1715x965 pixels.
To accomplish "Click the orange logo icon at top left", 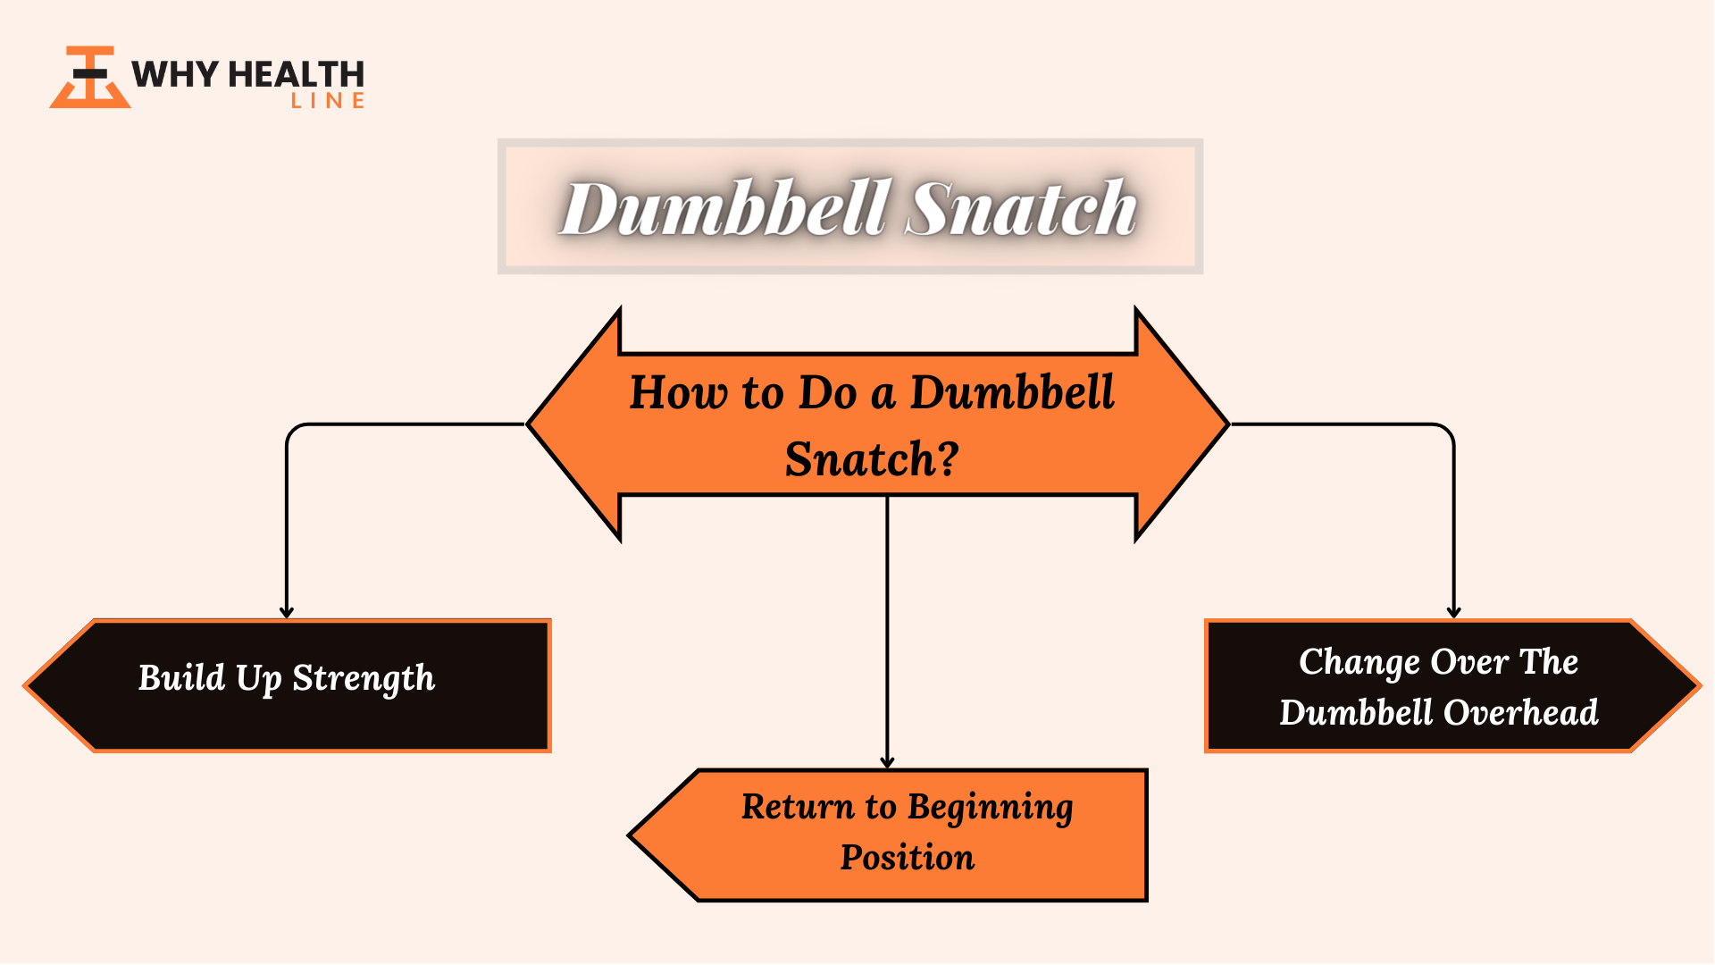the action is pos(90,78).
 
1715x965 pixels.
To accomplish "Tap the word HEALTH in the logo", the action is pos(297,74).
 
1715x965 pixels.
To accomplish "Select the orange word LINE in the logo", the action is pos(328,101).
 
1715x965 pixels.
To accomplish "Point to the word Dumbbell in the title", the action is pos(725,208).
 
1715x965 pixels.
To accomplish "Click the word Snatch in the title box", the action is pos(1021,208).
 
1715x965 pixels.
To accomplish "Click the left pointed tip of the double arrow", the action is pos(529,424).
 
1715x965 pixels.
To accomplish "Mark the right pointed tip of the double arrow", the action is pos(1228,424).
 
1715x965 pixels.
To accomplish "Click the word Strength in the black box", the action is pos(364,679).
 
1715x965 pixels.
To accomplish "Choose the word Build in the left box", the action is pos(182,677).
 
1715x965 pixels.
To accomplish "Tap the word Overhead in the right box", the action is pos(1521,712).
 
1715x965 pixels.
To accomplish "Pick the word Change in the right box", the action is pos(1359,663).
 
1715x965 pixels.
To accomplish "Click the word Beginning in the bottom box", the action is pos(990,808).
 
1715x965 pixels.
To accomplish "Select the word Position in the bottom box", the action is pos(908,858).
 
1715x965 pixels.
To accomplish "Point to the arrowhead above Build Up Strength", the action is pos(287,613).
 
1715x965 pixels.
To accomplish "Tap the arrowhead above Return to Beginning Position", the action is pos(887,763).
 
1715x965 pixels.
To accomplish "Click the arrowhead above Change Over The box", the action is pos(1454,613).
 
